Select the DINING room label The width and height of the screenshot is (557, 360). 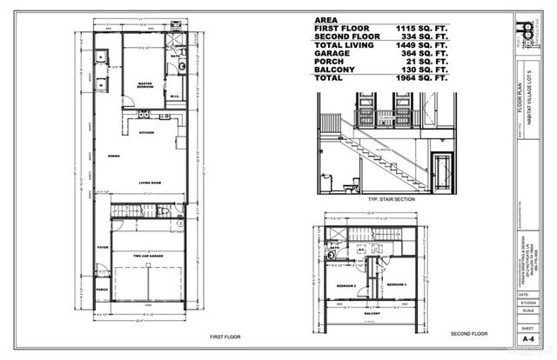[x=114, y=157]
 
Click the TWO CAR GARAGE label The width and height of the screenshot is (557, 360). [x=148, y=255]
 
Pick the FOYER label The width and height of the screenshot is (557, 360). [x=103, y=247]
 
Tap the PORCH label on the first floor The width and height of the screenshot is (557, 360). [x=103, y=289]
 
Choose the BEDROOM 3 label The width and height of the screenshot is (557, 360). [x=398, y=285]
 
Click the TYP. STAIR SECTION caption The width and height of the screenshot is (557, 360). [x=379, y=199]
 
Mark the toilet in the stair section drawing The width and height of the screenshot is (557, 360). [x=351, y=184]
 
